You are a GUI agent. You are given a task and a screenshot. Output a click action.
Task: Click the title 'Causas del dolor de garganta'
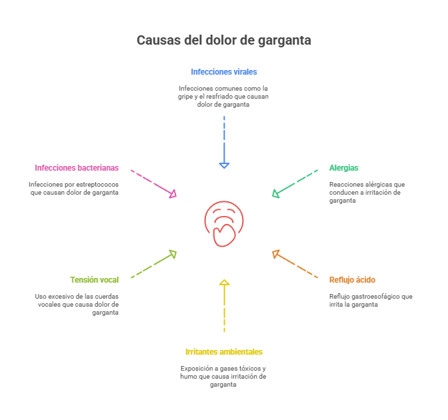pyautogui.click(x=224, y=40)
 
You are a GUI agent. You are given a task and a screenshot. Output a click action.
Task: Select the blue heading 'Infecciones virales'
pyautogui.click(x=224, y=71)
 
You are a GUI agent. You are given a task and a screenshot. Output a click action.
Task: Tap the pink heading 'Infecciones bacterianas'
pyautogui.click(x=77, y=168)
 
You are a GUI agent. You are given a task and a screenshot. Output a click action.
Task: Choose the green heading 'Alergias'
pyautogui.click(x=344, y=168)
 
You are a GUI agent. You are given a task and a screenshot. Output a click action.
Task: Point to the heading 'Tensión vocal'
pyautogui.click(x=95, y=280)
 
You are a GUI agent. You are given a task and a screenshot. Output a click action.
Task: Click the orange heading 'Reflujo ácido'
pyautogui.click(x=353, y=280)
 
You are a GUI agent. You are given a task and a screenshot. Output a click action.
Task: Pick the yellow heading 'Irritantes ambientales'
pyautogui.click(x=224, y=351)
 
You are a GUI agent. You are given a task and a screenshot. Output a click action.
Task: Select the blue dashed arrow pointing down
pyautogui.click(x=224, y=141)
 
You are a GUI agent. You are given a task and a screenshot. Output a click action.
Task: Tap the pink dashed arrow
pyautogui.click(x=154, y=183)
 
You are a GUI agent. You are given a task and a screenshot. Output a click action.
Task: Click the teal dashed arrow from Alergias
pyautogui.click(x=295, y=183)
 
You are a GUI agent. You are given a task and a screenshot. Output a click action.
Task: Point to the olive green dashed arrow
pyautogui.click(x=154, y=265)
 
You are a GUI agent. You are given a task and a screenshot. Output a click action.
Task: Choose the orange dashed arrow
pyautogui.click(x=295, y=265)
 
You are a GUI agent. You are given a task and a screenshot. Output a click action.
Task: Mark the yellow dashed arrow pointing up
pyautogui.click(x=224, y=305)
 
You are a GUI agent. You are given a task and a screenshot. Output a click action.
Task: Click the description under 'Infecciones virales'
pyautogui.click(x=224, y=97)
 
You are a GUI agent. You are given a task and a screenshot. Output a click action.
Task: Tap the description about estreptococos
pyautogui.click(x=74, y=188)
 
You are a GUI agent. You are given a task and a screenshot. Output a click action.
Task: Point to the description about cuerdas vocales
pyautogui.click(x=77, y=304)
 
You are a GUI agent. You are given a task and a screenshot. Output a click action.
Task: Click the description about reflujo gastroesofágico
pyautogui.click(x=371, y=300)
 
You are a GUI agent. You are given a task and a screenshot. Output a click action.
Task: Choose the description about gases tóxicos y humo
pyautogui.click(x=224, y=377)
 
